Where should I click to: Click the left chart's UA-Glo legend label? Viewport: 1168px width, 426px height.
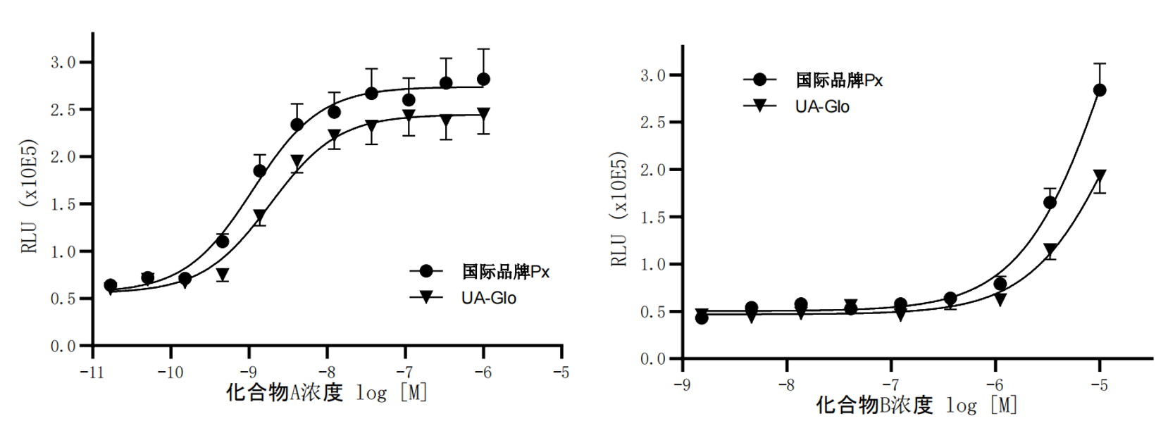point(488,298)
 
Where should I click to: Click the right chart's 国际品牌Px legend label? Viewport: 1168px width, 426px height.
point(838,80)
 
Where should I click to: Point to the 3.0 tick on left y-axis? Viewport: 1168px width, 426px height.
point(63,62)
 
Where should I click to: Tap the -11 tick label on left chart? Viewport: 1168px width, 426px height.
point(92,372)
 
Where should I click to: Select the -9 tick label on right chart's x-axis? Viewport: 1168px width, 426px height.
point(682,385)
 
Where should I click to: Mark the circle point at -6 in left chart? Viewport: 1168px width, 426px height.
point(483,79)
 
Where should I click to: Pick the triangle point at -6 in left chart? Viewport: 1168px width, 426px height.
point(483,113)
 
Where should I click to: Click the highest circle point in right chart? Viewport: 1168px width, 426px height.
point(1099,90)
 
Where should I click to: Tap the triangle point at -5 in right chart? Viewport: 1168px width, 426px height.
point(1099,175)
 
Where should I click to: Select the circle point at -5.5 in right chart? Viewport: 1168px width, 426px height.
point(1050,203)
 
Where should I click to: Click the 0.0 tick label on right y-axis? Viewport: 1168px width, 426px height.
point(652,359)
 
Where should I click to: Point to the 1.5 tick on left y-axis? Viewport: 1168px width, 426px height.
point(63,204)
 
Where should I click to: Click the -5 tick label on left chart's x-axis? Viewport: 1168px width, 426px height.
point(561,372)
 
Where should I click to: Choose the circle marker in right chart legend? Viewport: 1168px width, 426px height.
point(759,80)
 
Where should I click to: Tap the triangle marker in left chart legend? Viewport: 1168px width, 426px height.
point(426,297)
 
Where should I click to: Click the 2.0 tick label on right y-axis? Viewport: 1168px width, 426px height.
point(652,170)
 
